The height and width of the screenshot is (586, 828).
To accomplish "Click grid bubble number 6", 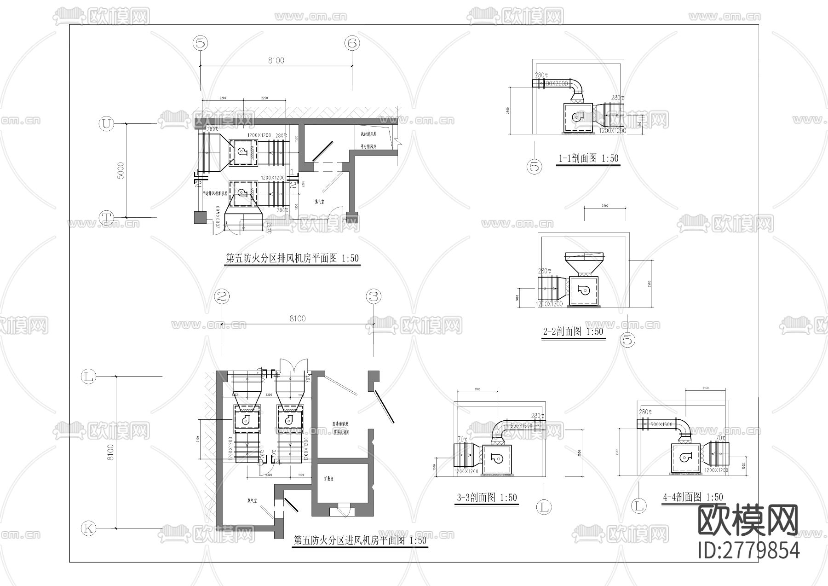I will pyautogui.click(x=352, y=43).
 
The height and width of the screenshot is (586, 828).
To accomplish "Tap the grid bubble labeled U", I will pyautogui.click(x=106, y=124).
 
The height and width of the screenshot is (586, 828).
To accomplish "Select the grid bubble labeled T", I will pyautogui.click(x=106, y=217).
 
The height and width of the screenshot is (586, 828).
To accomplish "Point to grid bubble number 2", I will pyautogui.click(x=222, y=297).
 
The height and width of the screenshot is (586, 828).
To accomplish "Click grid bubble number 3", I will pyautogui.click(x=374, y=297).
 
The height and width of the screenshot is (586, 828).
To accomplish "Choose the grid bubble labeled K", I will pyautogui.click(x=88, y=528).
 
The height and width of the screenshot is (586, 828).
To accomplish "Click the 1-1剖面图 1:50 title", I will pyautogui.click(x=588, y=158).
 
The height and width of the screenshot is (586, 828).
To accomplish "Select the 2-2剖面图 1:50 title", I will pyautogui.click(x=573, y=331).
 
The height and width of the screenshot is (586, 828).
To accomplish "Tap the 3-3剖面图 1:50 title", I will pyautogui.click(x=487, y=498).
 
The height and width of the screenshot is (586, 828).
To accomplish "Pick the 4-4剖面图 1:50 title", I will pyautogui.click(x=693, y=497).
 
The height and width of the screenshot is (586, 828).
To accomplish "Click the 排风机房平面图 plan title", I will pyautogui.click(x=292, y=259).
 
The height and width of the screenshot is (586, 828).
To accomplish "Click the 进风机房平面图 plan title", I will pyautogui.click(x=360, y=540).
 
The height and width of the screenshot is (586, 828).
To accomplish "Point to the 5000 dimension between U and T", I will pyautogui.click(x=121, y=170).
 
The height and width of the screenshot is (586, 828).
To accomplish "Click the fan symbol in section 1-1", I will pyautogui.click(x=577, y=117).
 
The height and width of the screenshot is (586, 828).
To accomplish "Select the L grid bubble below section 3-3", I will pyautogui.click(x=544, y=507).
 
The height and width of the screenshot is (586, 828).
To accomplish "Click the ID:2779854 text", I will pyautogui.click(x=749, y=550).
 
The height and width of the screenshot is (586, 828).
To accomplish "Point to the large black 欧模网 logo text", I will pyautogui.click(x=748, y=520).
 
